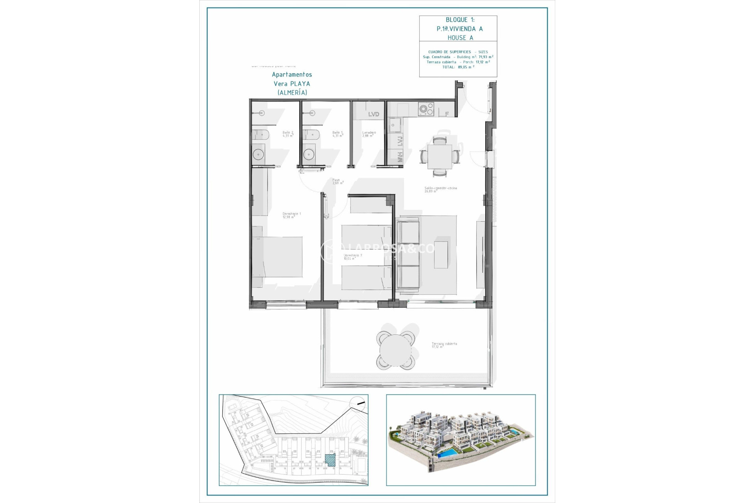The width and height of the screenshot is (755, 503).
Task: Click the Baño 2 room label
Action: (x=287, y=134)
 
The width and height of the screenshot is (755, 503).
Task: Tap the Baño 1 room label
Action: (x=337, y=134)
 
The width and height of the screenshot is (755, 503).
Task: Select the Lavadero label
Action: (x=369, y=134)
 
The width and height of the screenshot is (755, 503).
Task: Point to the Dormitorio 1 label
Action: (x=291, y=215)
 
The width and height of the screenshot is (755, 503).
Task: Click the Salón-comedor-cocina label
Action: (x=440, y=189)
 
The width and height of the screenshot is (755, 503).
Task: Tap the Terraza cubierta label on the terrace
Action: (x=444, y=345)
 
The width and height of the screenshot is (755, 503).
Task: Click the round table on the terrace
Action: (x=395, y=351)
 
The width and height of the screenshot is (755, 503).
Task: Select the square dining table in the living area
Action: (x=440, y=156)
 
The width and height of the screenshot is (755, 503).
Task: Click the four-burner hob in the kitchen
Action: (x=425, y=109)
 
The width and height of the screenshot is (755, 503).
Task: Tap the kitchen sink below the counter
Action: (x=394, y=125)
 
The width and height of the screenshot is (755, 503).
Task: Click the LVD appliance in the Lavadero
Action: (x=373, y=114)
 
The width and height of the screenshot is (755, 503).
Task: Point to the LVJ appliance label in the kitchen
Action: (x=400, y=141)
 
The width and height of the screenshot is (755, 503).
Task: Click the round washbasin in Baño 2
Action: (x=258, y=154)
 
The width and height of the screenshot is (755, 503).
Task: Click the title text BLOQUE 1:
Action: (x=460, y=20)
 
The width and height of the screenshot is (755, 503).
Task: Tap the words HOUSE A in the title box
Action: (x=460, y=38)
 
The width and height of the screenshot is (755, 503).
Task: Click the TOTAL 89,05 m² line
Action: (x=458, y=67)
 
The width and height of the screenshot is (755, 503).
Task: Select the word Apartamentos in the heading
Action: (x=292, y=75)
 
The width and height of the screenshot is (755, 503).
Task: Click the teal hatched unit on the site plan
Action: (x=330, y=460)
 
